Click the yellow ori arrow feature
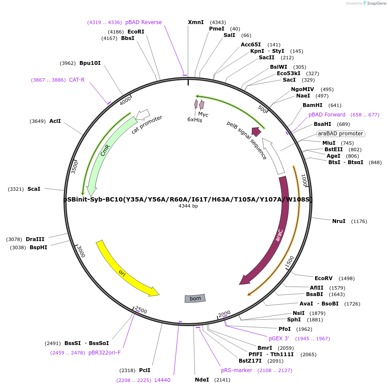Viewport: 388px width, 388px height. pyautogui.click(x=124, y=271)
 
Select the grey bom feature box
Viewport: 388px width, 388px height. pyautogui.click(x=195, y=298)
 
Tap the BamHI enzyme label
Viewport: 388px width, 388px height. pyautogui.click(x=312, y=105)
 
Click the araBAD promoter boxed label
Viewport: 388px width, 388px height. pyautogui.click(x=341, y=134)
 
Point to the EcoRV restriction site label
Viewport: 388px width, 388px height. pyautogui.click(x=324, y=278)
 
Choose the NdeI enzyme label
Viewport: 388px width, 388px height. pyautogui.click(x=202, y=380)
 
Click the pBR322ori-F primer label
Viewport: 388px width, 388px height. pyautogui.click(x=105, y=353)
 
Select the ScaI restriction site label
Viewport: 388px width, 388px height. pyautogui.click(x=34, y=189)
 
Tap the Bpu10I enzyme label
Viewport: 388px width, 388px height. pyautogui.click(x=90, y=63)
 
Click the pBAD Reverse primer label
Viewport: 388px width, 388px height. pyautogui.click(x=143, y=22)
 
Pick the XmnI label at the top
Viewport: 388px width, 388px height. pyautogui.click(x=196, y=22)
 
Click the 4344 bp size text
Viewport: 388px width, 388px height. pyautogui.click(x=188, y=206)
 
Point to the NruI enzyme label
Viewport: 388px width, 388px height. pyautogui.click(x=339, y=221)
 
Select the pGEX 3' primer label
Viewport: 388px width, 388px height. pyautogui.click(x=279, y=339)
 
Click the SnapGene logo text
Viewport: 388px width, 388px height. pyautogui.click(x=376, y=3)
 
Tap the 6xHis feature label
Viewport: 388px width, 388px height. pyautogui.click(x=195, y=120)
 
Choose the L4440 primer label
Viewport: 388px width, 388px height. pyautogui.click(x=162, y=380)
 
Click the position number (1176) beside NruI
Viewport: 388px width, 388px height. pyautogui.click(x=359, y=221)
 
